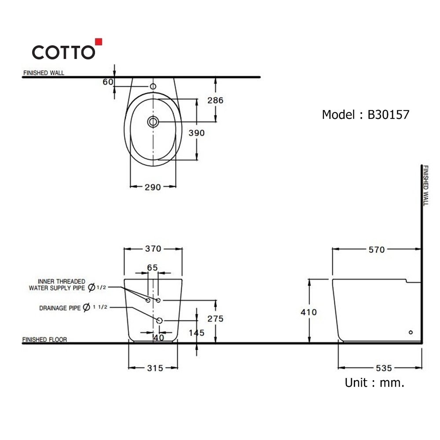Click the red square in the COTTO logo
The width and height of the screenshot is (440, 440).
99,42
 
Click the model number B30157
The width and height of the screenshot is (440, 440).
388,115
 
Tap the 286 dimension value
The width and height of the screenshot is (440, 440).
215,100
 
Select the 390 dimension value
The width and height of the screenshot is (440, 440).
196,133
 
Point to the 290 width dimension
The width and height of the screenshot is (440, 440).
153,187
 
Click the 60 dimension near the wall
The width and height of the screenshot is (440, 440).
108,81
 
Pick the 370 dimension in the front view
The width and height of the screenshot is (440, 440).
153,249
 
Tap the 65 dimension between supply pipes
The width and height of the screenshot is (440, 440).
152,267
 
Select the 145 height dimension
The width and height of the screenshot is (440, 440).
196,333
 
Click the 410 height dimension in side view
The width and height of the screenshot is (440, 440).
309,312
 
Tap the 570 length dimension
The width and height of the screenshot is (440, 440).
377,250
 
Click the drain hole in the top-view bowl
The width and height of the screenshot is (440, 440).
153,122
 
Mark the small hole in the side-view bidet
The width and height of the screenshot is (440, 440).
411,333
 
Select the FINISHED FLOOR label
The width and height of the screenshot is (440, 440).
44,340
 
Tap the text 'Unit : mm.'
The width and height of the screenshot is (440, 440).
374,383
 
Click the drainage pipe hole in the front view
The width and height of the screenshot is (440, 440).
159,320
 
